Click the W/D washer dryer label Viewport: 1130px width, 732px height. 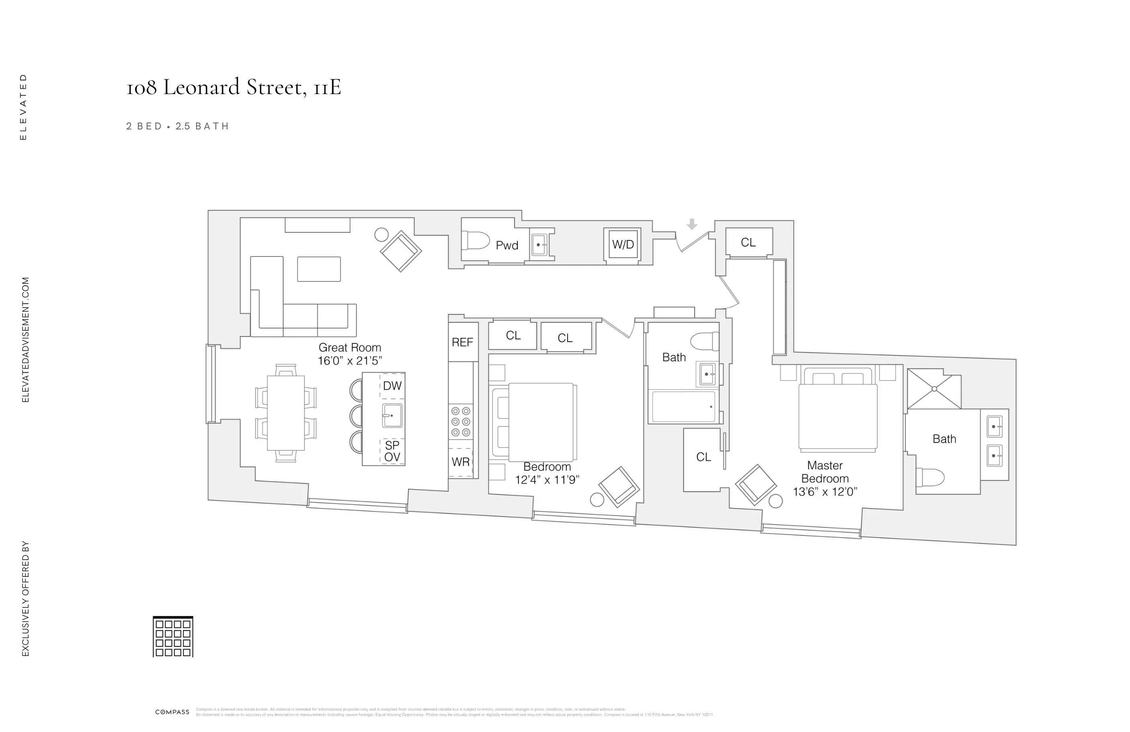click(623, 245)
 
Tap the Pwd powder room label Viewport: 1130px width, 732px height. click(507, 246)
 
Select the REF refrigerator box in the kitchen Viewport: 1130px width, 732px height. click(462, 342)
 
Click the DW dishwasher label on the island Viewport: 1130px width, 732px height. click(392, 386)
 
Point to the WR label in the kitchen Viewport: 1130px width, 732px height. click(460, 462)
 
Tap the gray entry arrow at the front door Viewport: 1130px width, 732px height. click(692, 224)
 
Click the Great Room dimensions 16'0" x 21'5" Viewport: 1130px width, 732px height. click(350, 361)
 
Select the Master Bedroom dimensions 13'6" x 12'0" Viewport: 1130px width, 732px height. click(825, 492)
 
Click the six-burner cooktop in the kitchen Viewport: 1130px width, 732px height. click(460, 421)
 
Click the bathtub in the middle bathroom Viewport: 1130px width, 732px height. click(683, 407)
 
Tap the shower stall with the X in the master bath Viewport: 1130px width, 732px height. click(934, 389)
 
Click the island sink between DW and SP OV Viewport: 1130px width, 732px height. click(392, 416)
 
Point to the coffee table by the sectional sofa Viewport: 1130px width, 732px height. click(319, 269)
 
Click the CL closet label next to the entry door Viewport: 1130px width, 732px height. click(748, 243)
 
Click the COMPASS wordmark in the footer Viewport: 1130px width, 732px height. click(172, 712)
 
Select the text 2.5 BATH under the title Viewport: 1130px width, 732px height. click(202, 126)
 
